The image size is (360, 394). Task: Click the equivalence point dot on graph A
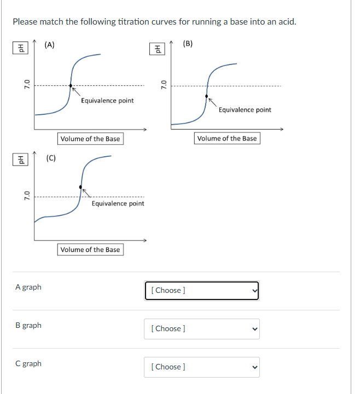(71, 85)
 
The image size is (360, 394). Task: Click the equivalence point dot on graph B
(207, 96)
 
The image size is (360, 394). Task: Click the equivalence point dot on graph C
(81, 187)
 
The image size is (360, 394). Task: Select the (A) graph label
(49, 45)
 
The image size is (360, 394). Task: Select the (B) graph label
(188, 44)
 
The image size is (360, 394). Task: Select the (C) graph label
(51, 158)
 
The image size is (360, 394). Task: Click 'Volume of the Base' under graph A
(90, 139)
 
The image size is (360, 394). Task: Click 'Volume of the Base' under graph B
(227, 138)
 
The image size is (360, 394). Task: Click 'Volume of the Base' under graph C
(90, 250)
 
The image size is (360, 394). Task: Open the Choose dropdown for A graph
(201, 290)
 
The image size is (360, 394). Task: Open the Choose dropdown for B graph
(201, 328)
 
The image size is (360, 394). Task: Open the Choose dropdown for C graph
(201, 367)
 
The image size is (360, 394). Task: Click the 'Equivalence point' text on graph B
(245, 110)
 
